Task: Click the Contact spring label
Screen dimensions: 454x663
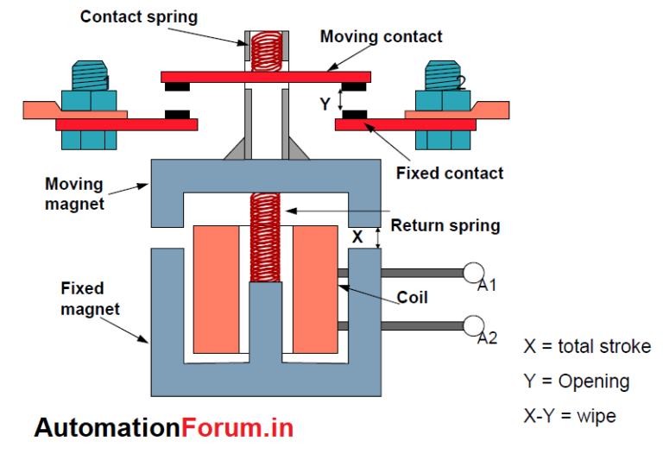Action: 138,16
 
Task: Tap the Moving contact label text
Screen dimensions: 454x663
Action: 381,36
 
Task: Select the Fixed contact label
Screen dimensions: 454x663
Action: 449,173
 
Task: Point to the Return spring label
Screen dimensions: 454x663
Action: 445,225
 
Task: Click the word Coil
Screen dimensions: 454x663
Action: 413,298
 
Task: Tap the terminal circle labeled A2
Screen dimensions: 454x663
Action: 474,325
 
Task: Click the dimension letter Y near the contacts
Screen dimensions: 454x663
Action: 325,104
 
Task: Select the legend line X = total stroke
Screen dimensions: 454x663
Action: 586,346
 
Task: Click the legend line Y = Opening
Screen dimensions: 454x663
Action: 576,381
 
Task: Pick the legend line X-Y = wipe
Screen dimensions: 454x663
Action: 570,416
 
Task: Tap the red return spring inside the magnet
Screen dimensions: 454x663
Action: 266,236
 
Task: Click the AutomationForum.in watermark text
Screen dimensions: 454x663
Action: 164,427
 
